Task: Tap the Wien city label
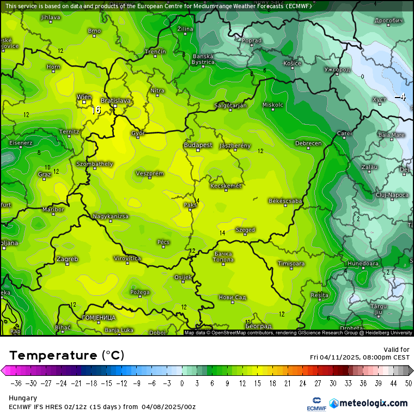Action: (x=84, y=97)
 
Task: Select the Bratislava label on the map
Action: (x=116, y=101)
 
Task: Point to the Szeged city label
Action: (x=245, y=230)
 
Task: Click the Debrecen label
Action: (x=308, y=143)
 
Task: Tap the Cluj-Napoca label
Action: (x=392, y=194)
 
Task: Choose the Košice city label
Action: (x=293, y=63)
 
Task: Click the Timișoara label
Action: (x=290, y=264)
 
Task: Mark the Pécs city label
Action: (x=163, y=241)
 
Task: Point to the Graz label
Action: (x=45, y=174)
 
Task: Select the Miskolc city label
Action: (x=273, y=105)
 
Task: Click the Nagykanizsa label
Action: (x=111, y=216)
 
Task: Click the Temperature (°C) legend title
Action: (x=66, y=355)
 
